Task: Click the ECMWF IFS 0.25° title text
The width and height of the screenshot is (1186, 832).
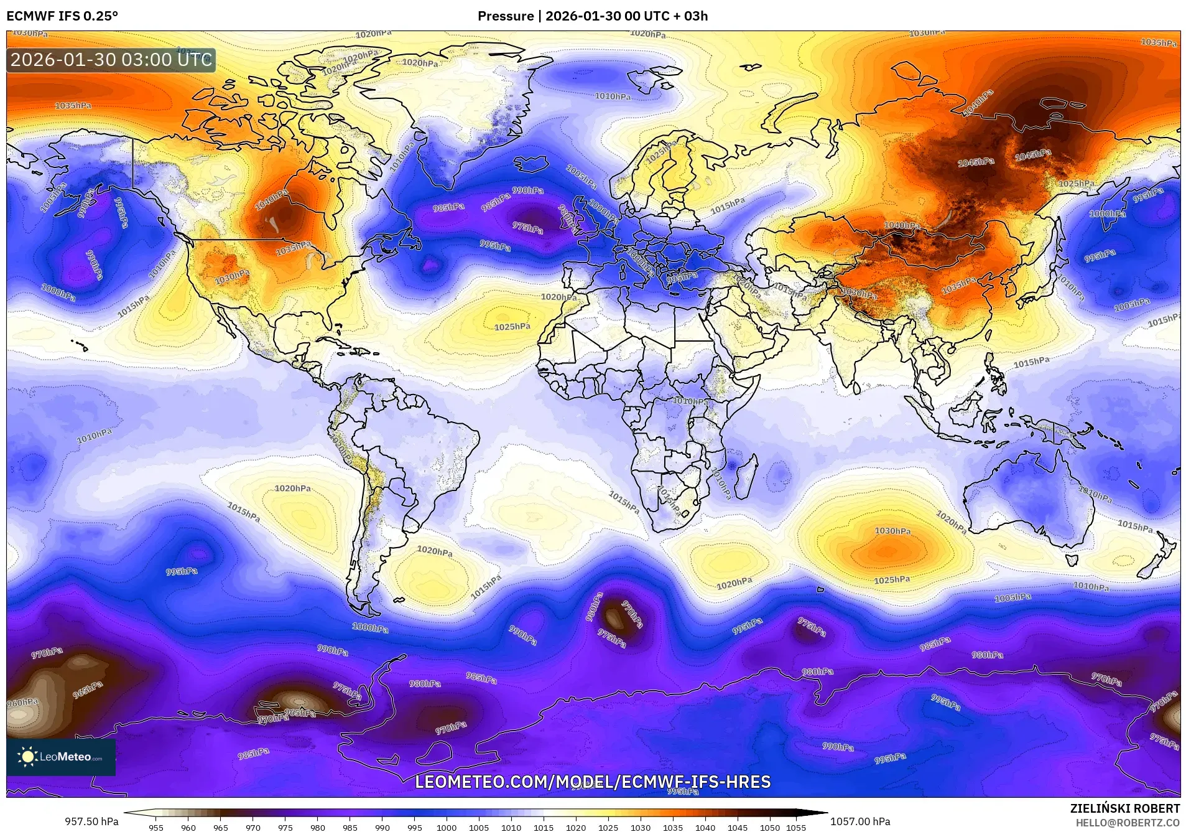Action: [x=62, y=16]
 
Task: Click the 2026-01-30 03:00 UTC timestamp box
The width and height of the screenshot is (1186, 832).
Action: [x=111, y=60]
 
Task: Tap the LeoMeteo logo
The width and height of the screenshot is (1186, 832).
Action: [x=61, y=757]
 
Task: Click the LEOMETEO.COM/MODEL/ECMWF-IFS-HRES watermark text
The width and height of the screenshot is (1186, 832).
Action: [x=593, y=782]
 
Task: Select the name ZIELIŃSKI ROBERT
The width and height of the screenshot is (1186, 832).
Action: [x=1124, y=808]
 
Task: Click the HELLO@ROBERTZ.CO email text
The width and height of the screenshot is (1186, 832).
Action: [x=1127, y=823]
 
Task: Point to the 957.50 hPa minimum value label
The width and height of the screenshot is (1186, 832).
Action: [x=91, y=821]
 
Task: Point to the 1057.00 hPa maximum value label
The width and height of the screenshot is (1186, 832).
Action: [x=860, y=821]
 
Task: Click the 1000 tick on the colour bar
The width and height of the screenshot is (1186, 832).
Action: [x=447, y=828]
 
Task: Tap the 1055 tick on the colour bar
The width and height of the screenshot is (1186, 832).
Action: [x=795, y=828]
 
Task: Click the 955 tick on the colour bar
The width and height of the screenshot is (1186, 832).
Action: [x=156, y=828]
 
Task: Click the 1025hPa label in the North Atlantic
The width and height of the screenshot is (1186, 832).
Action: [x=512, y=327]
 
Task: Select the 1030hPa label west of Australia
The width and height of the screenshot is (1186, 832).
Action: [x=892, y=531]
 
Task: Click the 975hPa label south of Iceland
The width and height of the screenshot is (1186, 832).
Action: [x=527, y=228]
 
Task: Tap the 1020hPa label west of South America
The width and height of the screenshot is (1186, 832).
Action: [x=293, y=488]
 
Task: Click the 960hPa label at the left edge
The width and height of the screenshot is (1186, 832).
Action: [x=22, y=703]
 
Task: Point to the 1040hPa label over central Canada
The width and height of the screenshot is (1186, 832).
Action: [x=272, y=199]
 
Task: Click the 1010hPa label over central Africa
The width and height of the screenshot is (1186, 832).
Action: [x=690, y=401]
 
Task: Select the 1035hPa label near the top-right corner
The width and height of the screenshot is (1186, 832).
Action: [x=1159, y=42]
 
